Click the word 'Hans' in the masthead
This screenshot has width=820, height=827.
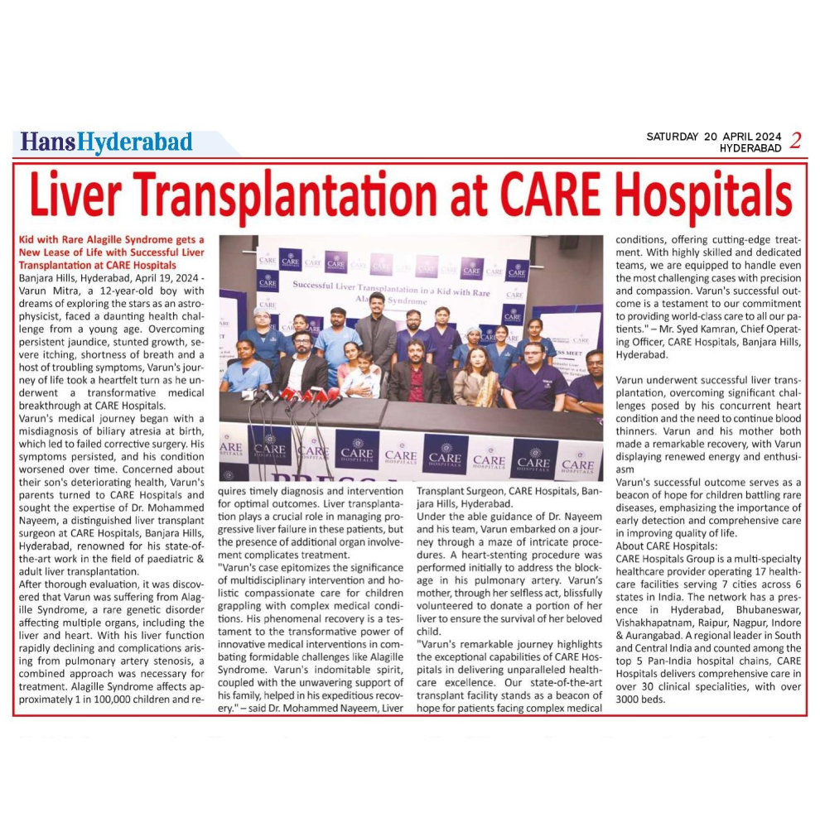(x=48, y=142)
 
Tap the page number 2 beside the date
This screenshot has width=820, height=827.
(x=795, y=141)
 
